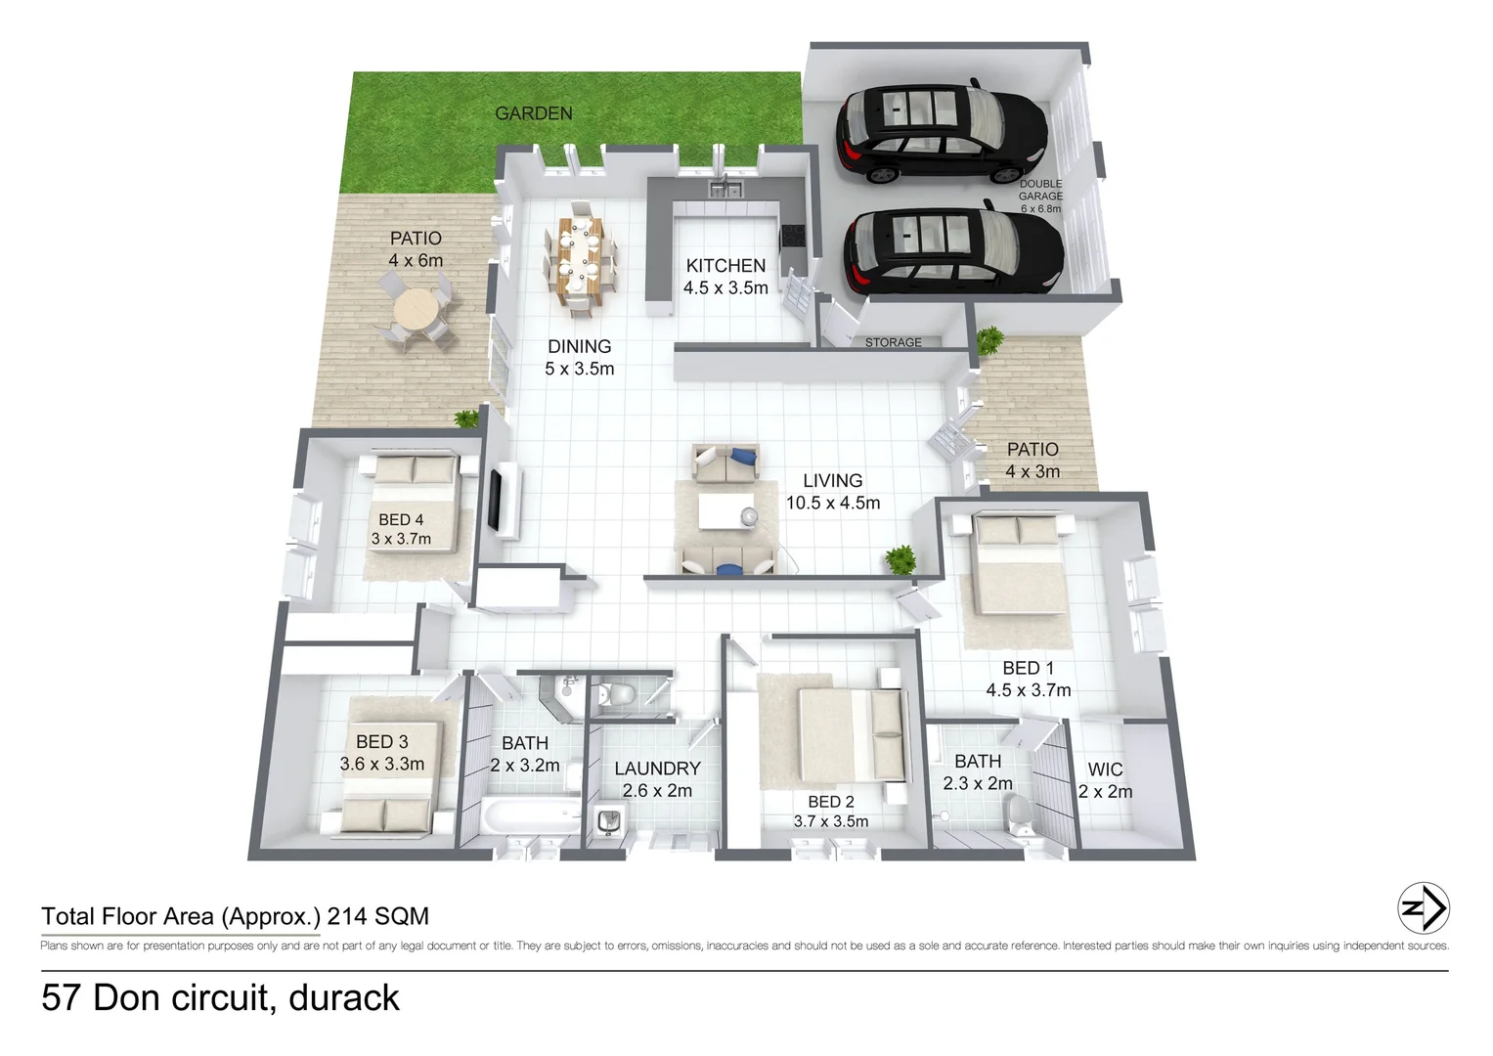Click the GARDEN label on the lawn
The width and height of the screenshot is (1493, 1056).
(533, 113)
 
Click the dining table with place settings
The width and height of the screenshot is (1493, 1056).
(581, 256)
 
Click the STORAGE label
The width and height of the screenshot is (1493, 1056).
(893, 342)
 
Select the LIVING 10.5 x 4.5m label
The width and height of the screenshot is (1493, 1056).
(833, 492)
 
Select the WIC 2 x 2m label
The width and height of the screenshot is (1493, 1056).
(1105, 781)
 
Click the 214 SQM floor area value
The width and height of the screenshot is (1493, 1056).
(377, 916)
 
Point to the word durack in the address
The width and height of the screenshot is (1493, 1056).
(344, 998)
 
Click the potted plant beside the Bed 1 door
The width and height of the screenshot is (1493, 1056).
(900, 560)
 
